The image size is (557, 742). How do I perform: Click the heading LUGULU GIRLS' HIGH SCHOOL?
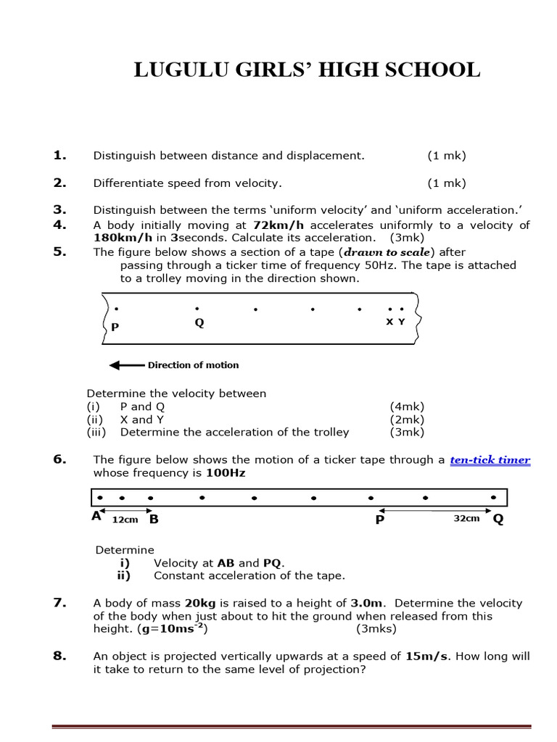pos(308,70)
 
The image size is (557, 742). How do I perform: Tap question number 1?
pos(59,155)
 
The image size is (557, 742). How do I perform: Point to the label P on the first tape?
pos(115,327)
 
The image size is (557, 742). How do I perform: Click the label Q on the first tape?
pos(199,323)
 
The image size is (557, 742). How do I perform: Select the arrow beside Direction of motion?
pos(127,365)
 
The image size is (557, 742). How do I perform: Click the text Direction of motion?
pos(193,365)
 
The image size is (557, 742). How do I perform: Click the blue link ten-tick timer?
pos(490,460)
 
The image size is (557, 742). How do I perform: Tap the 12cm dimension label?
pos(125,520)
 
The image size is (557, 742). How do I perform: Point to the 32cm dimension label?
pos(466,520)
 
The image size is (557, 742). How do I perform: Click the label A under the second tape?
pos(96,517)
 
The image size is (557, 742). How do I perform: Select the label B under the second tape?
pos(154,519)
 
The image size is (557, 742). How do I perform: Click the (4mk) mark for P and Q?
pos(407,407)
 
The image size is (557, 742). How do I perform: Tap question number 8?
pos(59,656)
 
